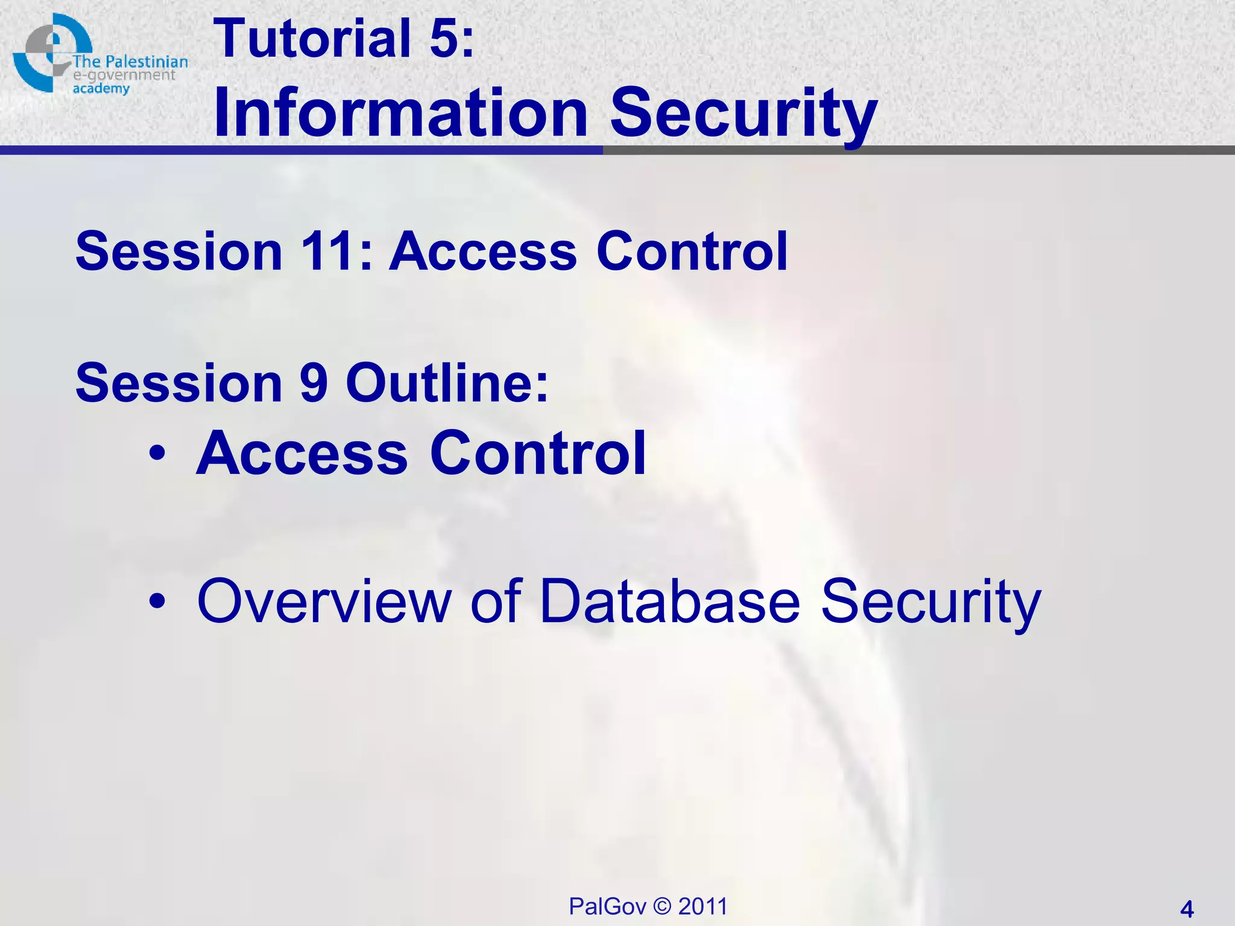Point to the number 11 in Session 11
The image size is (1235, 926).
click(x=326, y=251)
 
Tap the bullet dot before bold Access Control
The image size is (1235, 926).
click(x=158, y=454)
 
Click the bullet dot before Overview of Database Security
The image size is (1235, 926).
click(x=158, y=601)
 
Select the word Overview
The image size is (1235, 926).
click(x=324, y=601)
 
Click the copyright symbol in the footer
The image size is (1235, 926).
click(x=662, y=906)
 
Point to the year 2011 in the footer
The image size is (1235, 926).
click(x=703, y=906)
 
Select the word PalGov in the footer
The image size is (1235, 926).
click(x=607, y=906)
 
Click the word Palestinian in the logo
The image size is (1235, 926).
click(x=147, y=61)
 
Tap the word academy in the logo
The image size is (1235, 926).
click(x=101, y=89)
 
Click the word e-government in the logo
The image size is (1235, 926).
click(x=124, y=75)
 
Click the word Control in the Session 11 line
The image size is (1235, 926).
click(x=692, y=251)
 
